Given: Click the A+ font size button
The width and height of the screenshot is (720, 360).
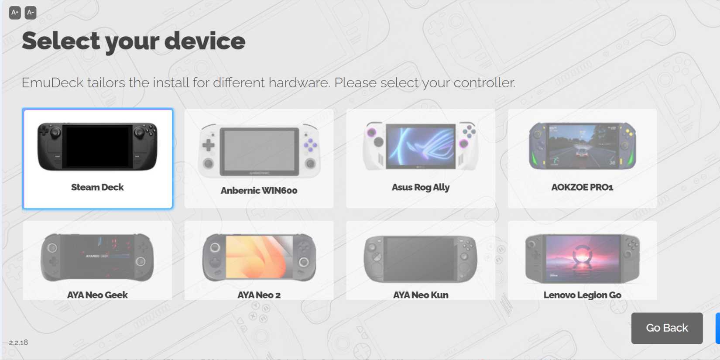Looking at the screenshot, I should [x=15, y=13].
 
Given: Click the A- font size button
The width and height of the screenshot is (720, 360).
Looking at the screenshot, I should [x=30, y=13].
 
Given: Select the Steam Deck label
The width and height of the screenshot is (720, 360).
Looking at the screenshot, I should [x=97, y=187].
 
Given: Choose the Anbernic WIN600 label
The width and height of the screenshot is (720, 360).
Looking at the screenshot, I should [x=259, y=190].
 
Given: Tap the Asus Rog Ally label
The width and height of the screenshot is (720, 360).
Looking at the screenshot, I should [x=420, y=187].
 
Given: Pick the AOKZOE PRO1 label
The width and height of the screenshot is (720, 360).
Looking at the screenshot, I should [x=582, y=187].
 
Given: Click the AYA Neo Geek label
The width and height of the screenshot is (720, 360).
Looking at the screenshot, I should [x=97, y=295].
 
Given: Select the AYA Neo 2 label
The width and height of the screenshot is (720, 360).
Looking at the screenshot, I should [x=259, y=295].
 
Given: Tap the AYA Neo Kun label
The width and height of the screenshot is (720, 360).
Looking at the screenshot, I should [x=420, y=295].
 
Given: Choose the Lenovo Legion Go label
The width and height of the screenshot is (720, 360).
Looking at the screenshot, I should [x=582, y=295].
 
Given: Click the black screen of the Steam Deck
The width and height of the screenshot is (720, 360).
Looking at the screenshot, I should [x=97, y=146].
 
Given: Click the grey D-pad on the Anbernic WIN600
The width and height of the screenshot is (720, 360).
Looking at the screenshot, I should [x=209, y=145].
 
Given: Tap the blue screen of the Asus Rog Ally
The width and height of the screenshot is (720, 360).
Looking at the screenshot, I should [x=420, y=146].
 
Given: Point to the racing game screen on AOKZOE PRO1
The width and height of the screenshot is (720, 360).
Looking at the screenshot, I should [x=582, y=145].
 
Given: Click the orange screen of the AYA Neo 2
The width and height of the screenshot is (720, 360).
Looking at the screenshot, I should [x=259, y=257].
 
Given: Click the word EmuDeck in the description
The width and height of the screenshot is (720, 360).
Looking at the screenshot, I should [x=52, y=82].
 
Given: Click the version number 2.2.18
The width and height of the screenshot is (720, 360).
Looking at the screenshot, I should [x=18, y=343].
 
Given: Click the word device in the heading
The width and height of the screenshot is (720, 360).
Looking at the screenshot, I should [x=205, y=41].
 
